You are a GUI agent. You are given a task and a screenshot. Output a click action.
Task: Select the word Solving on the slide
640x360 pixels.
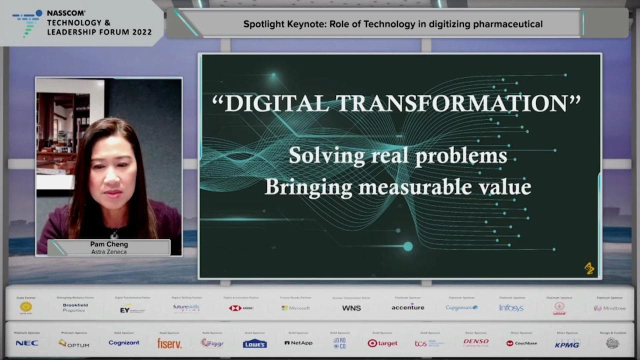326,155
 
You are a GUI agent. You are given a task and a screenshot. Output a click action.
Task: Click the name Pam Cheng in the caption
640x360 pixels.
109,244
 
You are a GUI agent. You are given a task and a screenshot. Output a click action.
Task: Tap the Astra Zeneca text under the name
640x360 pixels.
109,252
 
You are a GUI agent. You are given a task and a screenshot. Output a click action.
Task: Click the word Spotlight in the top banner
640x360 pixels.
263,24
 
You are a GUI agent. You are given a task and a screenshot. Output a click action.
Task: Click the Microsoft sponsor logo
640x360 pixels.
295,308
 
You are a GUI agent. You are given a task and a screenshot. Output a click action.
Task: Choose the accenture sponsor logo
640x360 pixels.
407,307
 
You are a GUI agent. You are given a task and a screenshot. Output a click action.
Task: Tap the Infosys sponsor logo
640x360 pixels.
511,308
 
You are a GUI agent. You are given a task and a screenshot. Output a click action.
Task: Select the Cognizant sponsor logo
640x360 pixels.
124,343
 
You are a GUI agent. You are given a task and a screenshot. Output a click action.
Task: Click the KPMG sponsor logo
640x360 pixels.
567,344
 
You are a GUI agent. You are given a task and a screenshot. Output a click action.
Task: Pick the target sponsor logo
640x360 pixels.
382,343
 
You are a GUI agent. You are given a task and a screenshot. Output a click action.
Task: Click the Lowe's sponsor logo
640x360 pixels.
255,343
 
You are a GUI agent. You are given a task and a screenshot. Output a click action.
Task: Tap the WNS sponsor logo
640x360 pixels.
351,308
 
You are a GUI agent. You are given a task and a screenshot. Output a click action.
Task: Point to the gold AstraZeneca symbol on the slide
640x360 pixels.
589,268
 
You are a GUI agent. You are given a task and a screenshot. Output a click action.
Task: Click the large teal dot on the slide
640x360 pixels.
408,246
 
